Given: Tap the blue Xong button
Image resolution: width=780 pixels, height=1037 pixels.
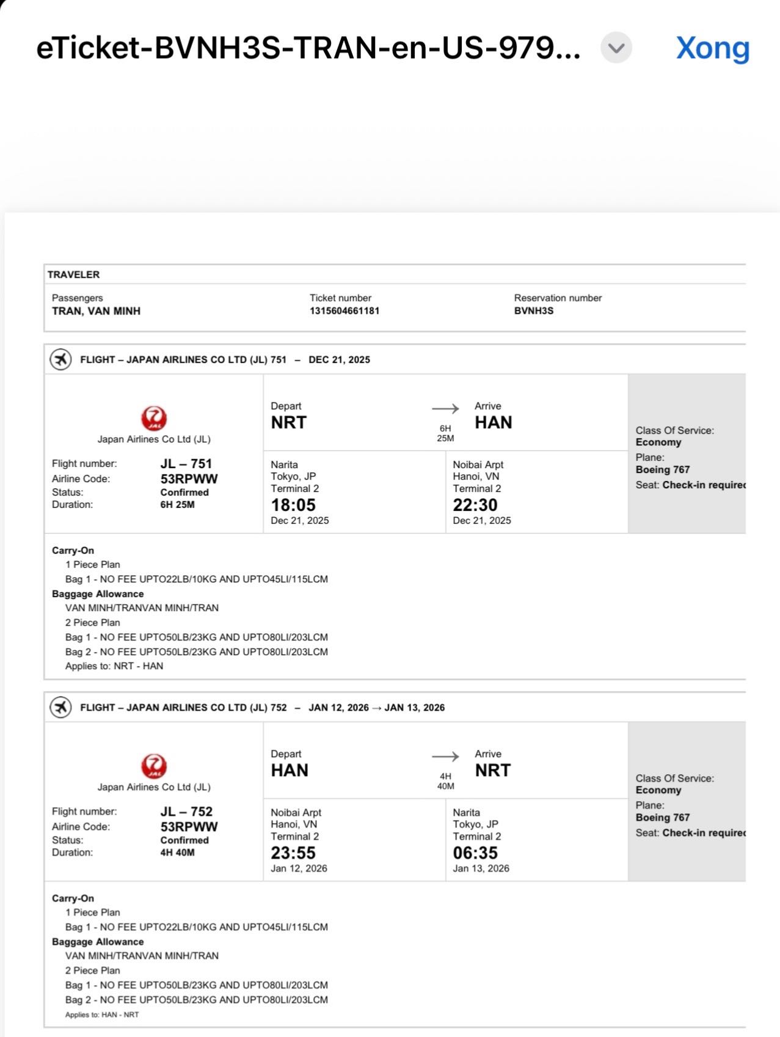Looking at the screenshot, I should point(712,48).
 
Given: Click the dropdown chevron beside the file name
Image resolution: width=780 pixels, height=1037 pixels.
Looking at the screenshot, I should point(616,48).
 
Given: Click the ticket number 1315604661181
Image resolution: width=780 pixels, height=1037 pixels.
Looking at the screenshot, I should point(344,311).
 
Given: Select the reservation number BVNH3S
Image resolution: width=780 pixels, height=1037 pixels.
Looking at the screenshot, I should point(533,311).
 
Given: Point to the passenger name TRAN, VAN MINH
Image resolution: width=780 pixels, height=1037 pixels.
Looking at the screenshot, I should point(96,311).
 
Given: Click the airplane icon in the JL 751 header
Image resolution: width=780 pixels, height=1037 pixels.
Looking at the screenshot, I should point(60,359).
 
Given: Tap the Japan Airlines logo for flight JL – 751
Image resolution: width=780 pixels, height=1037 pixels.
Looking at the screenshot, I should point(153,419).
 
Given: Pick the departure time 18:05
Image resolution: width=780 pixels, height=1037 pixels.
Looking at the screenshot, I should point(293,505).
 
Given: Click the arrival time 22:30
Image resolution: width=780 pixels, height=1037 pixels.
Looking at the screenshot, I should point(475,505).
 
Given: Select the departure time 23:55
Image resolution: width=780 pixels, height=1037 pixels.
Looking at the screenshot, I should point(293,853).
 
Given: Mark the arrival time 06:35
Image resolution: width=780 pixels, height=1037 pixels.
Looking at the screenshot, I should point(475,853).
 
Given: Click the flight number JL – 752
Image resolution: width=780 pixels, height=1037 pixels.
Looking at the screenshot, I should point(186,812).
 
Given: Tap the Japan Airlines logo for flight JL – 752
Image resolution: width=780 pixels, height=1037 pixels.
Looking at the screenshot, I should point(153,766).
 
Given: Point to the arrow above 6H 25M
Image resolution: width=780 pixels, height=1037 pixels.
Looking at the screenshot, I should point(445,409).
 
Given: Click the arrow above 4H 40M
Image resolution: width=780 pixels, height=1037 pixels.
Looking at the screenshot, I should point(445,757).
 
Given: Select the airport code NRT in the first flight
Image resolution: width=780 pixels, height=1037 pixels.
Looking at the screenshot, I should point(288,423).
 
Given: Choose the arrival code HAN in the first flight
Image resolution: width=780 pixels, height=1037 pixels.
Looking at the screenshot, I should point(493,423).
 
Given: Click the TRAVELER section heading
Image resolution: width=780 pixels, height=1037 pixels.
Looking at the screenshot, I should point(73,275).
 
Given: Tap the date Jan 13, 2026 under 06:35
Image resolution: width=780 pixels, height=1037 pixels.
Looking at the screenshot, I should point(481,868).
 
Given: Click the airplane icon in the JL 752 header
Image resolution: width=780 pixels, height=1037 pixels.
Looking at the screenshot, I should point(60,707).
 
